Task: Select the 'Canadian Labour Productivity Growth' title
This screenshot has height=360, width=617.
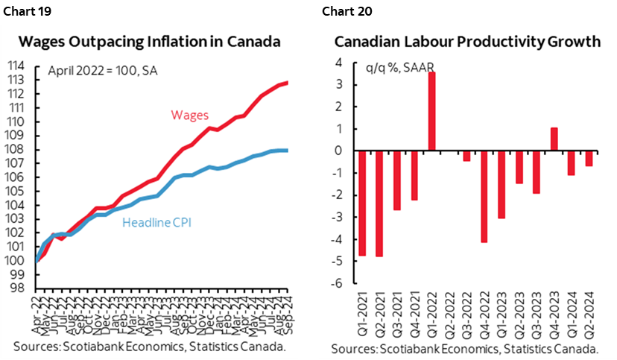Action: pos(467,42)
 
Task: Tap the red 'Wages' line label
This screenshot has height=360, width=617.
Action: pos(190,114)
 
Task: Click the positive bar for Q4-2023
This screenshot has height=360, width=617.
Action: pos(554,139)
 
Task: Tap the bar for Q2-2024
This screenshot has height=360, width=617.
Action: pos(589,158)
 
